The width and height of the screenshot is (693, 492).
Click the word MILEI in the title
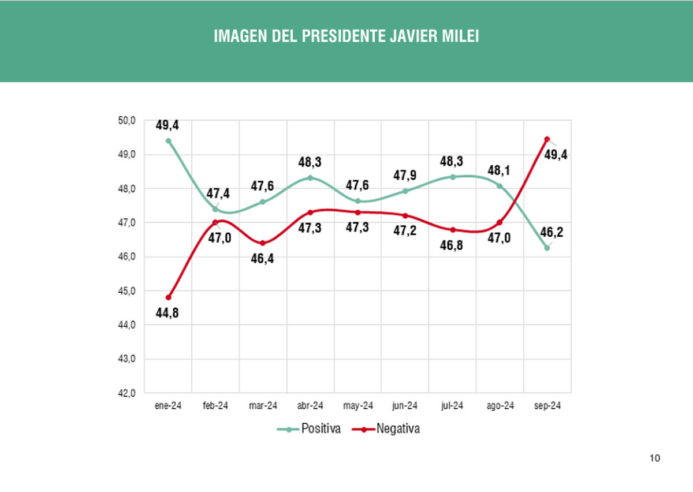[459, 37]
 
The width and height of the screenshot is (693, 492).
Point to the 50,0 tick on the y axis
[126, 121]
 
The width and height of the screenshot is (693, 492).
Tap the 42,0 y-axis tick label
[126, 393]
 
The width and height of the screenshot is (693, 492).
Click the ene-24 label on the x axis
[168, 406]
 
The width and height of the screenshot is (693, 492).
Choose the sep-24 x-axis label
[547, 406]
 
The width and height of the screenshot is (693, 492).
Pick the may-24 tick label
[357, 406]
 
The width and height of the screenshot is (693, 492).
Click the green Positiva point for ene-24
[168, 141]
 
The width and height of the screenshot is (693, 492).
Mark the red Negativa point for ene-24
[168, 297]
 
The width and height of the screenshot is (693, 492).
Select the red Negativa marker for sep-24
[547, 140]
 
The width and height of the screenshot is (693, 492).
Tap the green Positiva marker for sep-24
[547, 248]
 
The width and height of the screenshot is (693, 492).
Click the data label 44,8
[167, 314]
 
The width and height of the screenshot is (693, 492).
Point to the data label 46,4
[262, 259]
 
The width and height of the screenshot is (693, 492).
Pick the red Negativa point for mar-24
[263, 243]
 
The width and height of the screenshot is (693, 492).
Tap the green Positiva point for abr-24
[310, 178]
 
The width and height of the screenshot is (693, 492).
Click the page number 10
[654, 459]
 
